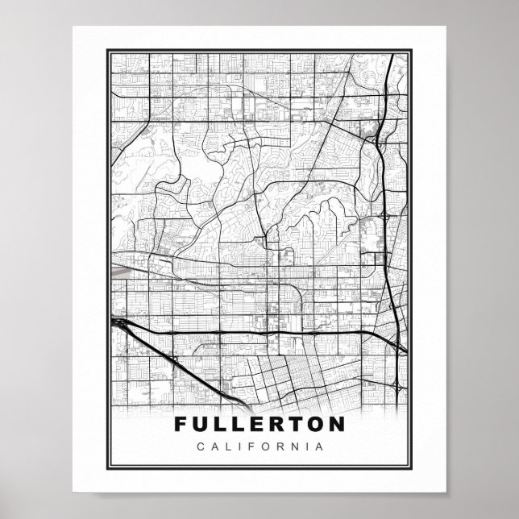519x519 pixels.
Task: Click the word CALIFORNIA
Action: [x=259, y=446]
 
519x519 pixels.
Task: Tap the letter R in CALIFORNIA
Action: [x=277, y=446]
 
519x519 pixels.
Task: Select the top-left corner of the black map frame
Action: [x=107, y=50]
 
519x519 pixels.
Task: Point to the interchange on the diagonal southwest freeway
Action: [x=174, y=358]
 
